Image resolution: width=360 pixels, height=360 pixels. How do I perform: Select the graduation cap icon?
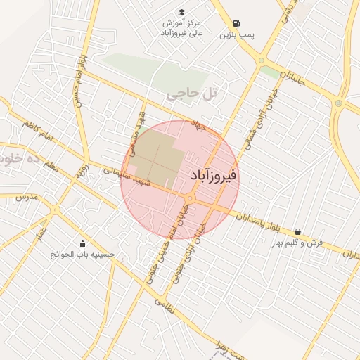pos(181,12)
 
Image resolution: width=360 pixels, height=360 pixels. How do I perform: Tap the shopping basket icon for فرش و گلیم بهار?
pos(297,231)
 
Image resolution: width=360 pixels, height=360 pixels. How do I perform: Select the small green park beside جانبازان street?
pos(269,72)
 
